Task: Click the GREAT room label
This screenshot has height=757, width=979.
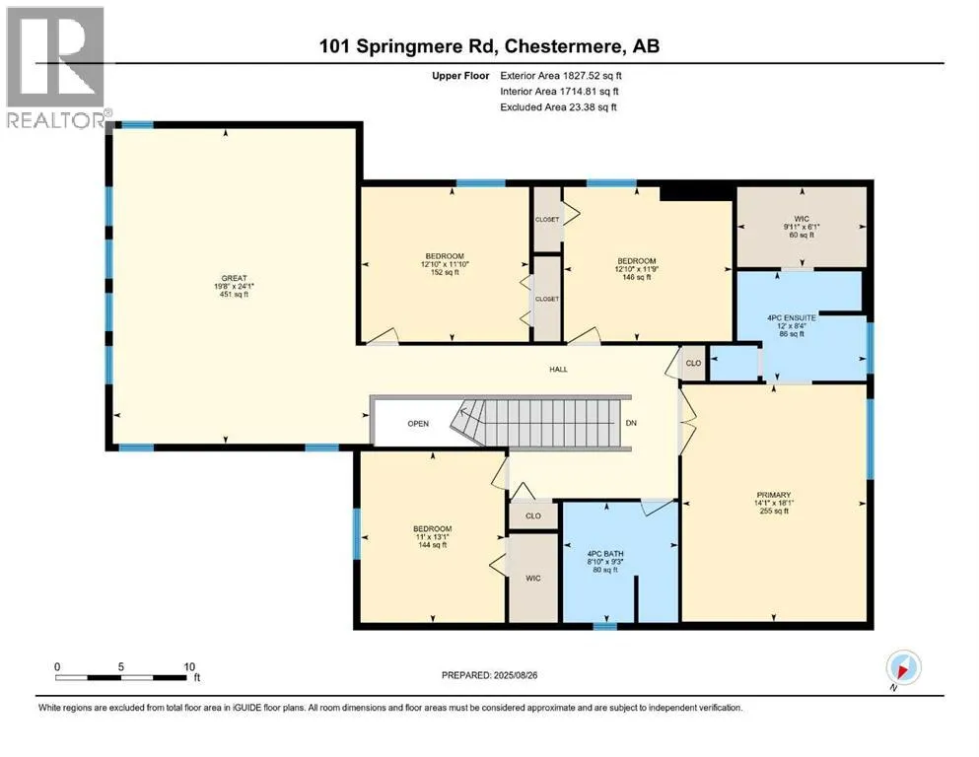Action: pos(234,278)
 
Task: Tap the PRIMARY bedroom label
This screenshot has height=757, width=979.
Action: pos(774,495)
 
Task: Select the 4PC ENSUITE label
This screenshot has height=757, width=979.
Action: pos(792,317)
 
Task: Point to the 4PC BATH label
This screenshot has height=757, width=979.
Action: pos(605,554)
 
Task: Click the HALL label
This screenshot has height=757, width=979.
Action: pos(558,370)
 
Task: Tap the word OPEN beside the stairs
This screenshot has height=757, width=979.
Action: pos(418,424)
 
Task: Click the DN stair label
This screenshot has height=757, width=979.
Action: pos(631,423)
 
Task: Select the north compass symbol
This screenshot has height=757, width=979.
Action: pos(903,668)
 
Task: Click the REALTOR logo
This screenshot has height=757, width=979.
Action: pos(56,67)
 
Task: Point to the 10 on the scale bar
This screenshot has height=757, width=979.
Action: pos(189,666)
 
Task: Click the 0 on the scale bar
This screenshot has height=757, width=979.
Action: pos(57,666)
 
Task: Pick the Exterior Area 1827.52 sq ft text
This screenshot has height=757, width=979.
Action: pos(561,76)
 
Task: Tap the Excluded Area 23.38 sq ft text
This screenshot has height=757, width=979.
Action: pos(558,107)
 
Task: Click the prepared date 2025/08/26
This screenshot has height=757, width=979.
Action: pos(516,675)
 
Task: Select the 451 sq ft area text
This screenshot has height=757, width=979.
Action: pos(234,295)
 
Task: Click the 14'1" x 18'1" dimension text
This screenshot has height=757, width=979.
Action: pos(774,503)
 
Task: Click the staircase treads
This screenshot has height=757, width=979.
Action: pos(543,423)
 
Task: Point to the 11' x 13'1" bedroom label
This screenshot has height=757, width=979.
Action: pos(432,537)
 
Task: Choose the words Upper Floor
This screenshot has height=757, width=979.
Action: pos(460,76)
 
